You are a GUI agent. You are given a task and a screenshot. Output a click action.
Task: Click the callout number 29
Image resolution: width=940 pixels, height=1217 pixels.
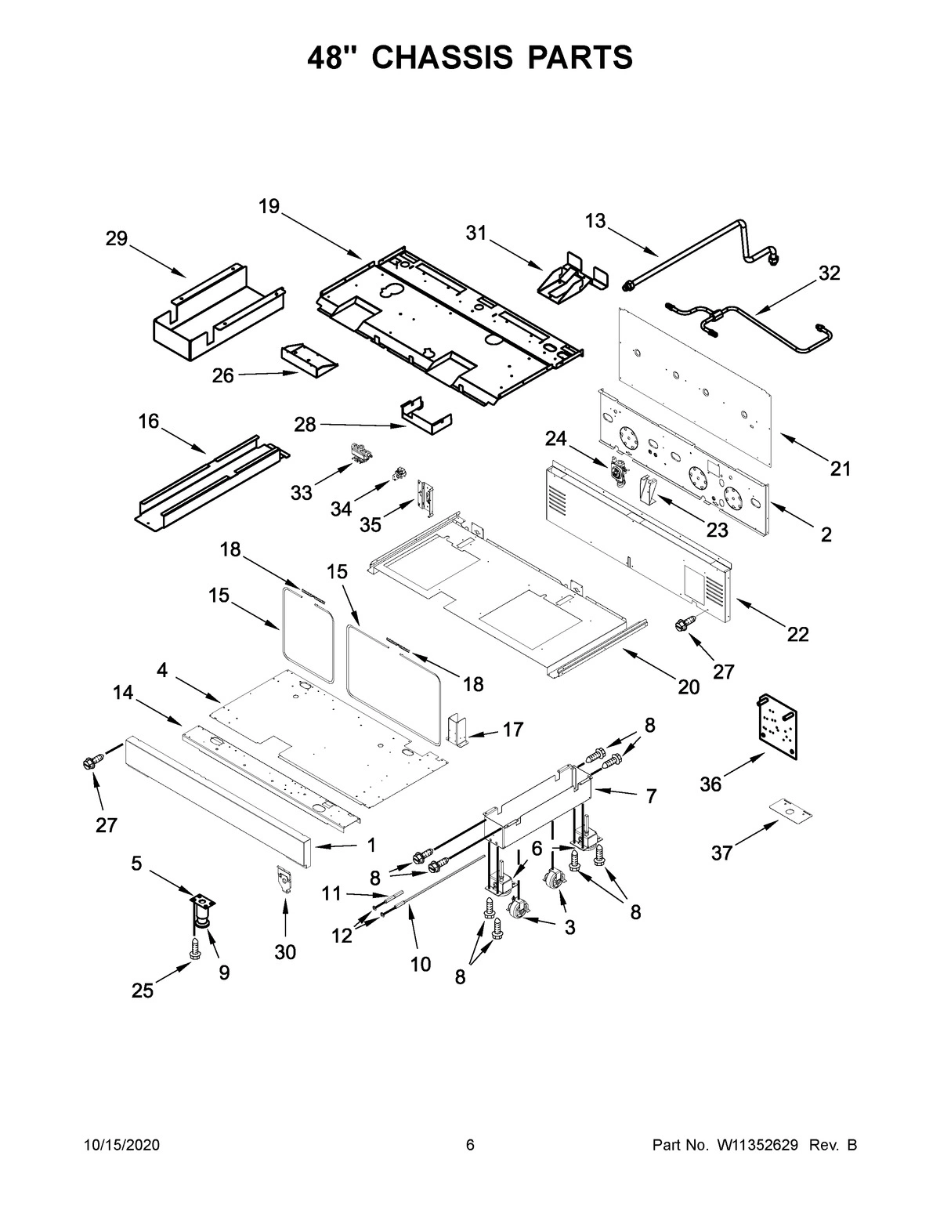117,238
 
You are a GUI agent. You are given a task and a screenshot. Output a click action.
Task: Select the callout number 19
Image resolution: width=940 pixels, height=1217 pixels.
269,206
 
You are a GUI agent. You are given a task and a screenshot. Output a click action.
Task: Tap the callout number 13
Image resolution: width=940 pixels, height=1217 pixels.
595,221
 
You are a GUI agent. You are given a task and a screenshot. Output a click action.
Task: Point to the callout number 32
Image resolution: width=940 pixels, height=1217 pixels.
829,273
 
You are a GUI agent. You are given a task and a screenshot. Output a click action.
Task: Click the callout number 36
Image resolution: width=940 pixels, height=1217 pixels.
710,783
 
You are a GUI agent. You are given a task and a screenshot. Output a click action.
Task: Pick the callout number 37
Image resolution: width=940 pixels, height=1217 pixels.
721,853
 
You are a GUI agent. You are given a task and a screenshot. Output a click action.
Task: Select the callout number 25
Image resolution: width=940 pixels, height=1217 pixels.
143,991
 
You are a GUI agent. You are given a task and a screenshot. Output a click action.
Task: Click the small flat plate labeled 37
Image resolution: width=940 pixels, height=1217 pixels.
790,810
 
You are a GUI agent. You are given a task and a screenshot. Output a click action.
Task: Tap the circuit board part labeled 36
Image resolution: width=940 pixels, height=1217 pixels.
775,725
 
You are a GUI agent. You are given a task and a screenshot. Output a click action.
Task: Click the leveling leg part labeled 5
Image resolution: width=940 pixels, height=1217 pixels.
203,911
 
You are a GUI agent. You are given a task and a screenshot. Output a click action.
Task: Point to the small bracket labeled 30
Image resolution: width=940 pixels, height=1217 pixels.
284,880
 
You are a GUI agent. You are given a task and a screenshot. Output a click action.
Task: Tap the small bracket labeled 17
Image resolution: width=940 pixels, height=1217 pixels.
457,730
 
